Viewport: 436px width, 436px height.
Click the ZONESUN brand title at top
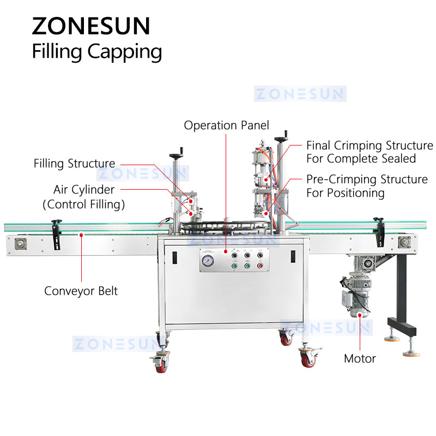click(x=91, y=25)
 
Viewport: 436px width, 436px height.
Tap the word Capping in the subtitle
click(x=129, y=52)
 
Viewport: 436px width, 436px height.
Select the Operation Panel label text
click(x=226, y=125)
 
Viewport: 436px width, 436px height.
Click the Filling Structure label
click(x=74, y=163)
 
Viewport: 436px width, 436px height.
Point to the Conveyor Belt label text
click(x=81, y=291)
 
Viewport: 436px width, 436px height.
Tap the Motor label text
click(x=360, y=359)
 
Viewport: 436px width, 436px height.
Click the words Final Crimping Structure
click(x=370, y=146)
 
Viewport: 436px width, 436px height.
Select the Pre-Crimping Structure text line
click(x=367, y=179)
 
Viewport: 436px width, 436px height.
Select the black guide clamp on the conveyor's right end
click(x=379, y=228)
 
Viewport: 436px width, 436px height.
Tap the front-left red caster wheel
click(x=162, y=364)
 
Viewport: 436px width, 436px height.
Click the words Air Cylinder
click(x=84, y=190)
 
